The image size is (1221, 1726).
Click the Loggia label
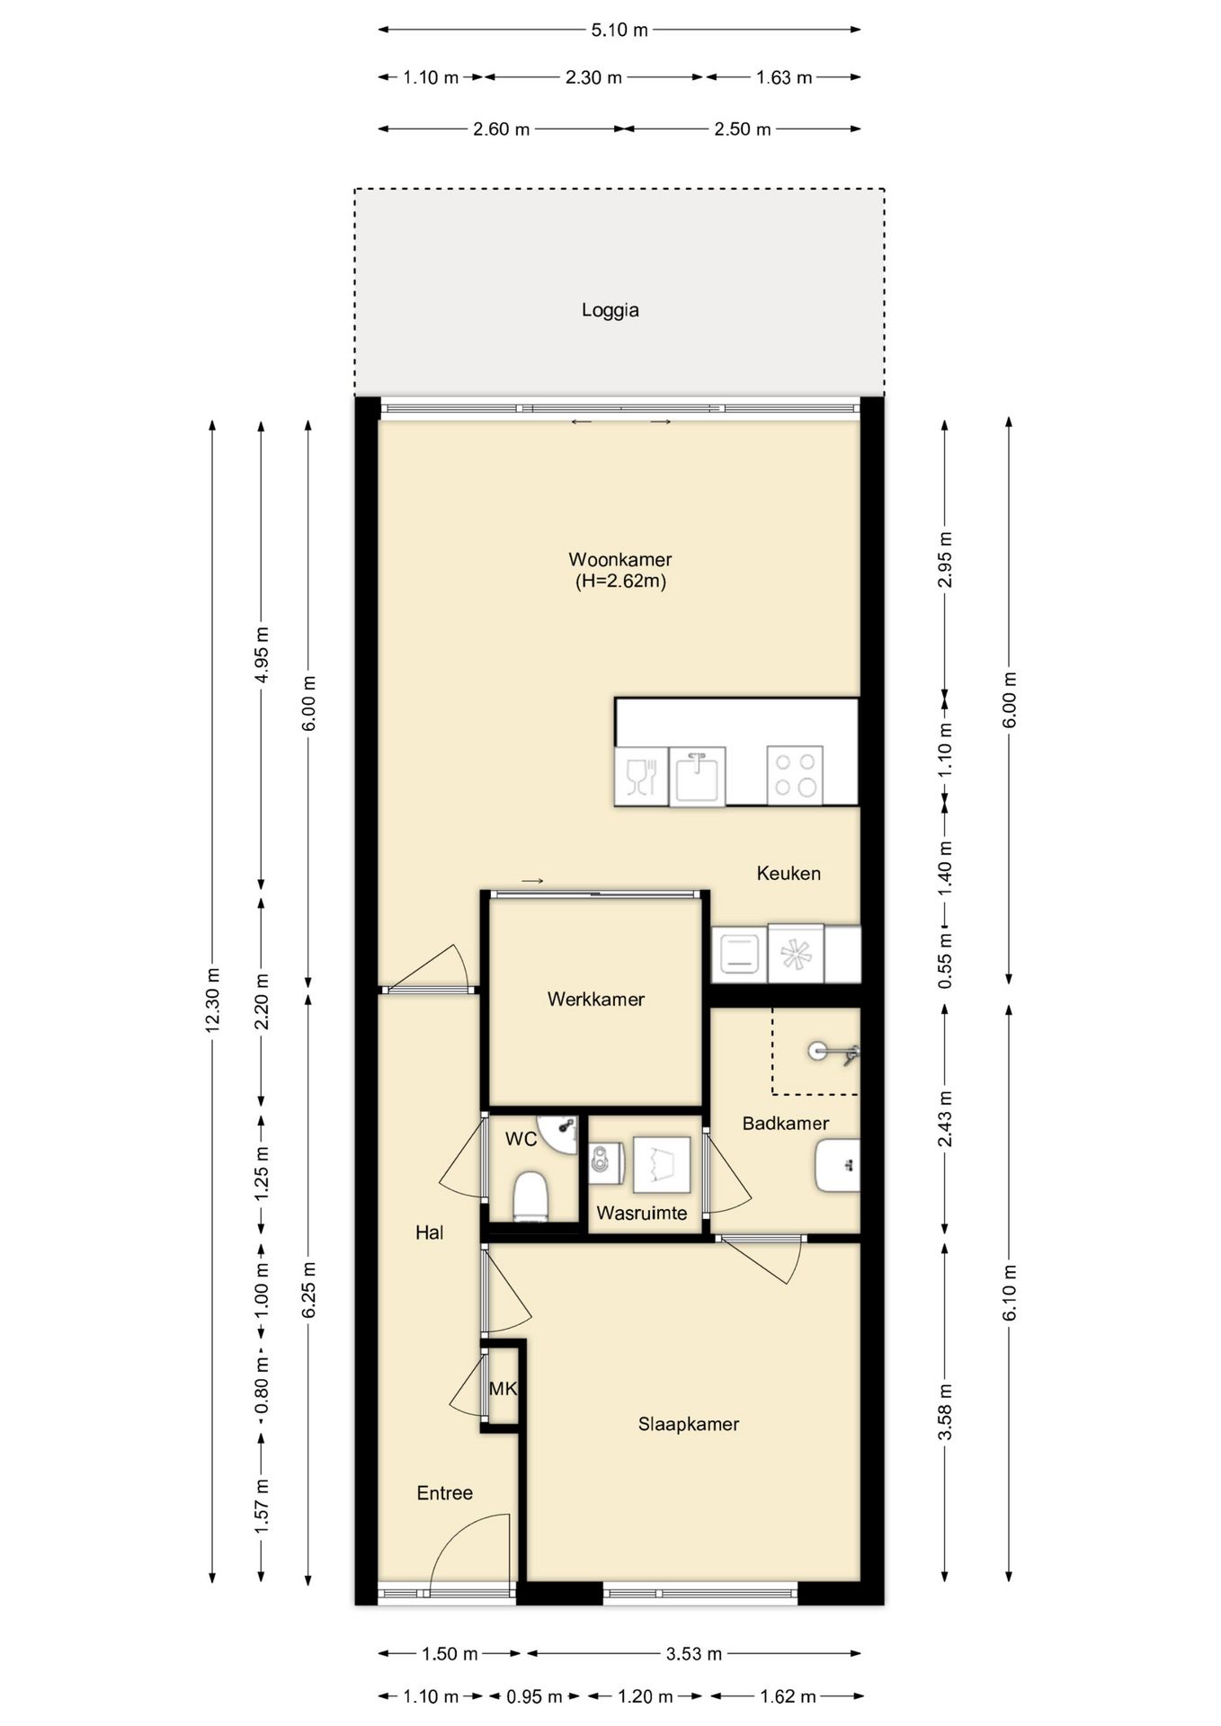[610, 310]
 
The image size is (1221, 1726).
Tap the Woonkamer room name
[620, 559]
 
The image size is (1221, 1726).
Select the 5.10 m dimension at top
[619, 30]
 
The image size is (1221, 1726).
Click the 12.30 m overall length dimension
[213, 1000]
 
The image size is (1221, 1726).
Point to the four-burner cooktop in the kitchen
[795, 774]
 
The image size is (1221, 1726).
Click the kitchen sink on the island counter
[697, 776]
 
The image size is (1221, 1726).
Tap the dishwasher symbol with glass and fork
[641, 776]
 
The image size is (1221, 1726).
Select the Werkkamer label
[595, 999]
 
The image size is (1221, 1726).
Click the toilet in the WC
[530, 1196]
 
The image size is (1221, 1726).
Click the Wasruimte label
[641, 1213]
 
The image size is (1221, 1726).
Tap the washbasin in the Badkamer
[838, 1166]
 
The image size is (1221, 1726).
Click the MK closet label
[503, 1389]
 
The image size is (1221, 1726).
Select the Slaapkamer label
[689, 1424]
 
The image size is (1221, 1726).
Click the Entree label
[444, 1493]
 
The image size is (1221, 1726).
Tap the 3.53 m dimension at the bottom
[693, 1653]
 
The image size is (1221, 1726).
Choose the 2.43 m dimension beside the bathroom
[945, 1119]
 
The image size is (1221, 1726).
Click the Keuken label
[789, 873]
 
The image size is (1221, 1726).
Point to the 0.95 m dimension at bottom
[534, 1696]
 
